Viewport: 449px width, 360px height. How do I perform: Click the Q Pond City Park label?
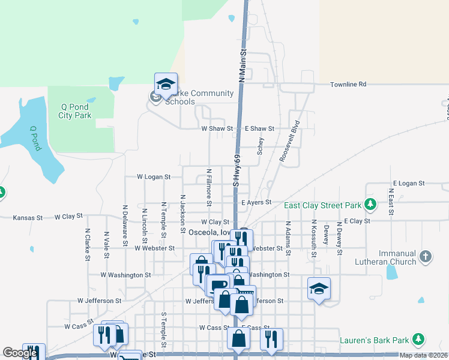coord(75,111)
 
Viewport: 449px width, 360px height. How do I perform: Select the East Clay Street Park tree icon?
coord(371,205)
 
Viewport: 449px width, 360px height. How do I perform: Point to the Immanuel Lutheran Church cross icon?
coord(425,257)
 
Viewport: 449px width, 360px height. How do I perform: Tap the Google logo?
coord(20,353)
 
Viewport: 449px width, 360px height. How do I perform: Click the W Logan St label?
coord(154,177)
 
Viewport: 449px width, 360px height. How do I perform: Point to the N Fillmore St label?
coord(209,187)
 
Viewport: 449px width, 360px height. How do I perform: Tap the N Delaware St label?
coord(125,225)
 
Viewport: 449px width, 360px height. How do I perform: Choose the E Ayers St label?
coord(256,203)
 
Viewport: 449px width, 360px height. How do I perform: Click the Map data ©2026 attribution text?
coord(423,355)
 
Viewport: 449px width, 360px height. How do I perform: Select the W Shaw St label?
coord(217,128)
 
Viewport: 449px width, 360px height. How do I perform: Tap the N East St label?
coord(391,201)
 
